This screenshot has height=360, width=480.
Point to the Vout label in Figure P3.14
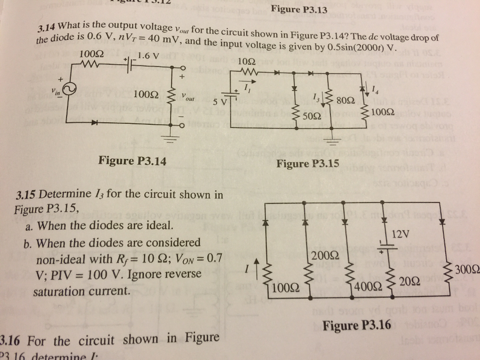189,99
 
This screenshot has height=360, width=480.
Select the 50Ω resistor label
312,116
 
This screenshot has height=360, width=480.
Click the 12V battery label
401,233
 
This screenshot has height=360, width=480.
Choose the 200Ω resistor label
321,256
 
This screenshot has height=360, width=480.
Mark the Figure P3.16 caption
357,325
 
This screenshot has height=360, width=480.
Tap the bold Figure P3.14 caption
132,161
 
